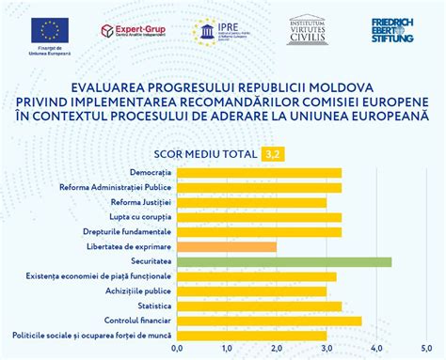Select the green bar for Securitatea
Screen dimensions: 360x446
[x=283, y=261]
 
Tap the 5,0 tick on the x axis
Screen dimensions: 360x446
[x=426, y=352]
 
